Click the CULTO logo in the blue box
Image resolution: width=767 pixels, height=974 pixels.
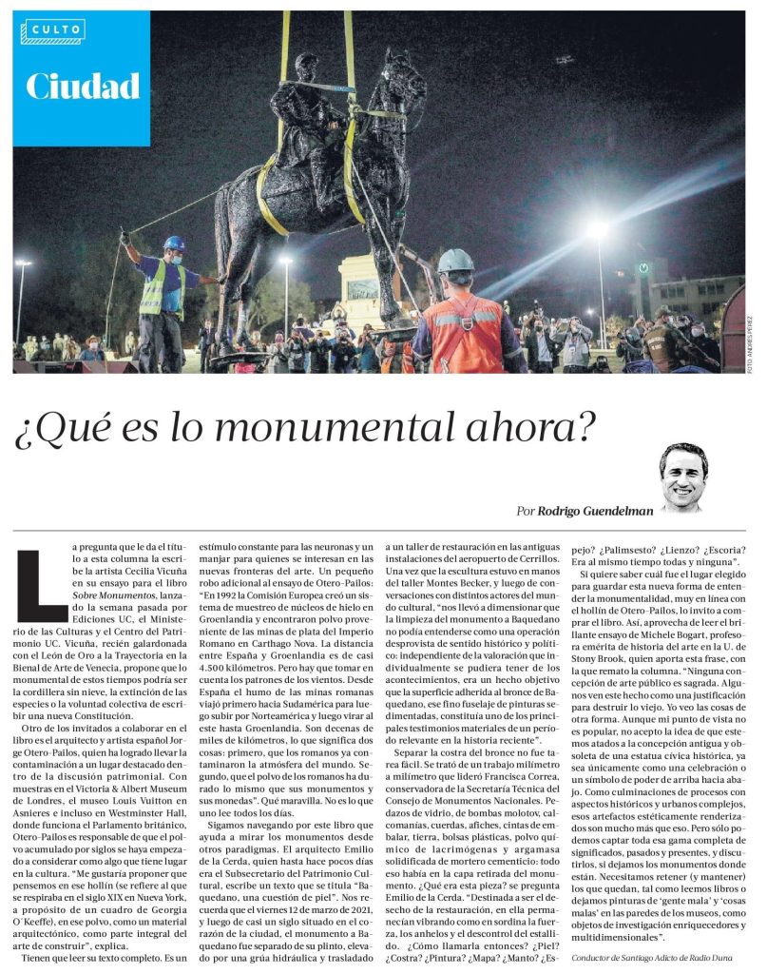[x=53, y=31]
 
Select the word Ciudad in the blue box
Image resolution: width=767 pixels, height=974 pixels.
[x=83, y=87]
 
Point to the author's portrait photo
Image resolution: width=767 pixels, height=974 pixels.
[x=682, y=477]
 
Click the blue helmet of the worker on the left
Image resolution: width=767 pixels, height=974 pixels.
[x=173, y=243]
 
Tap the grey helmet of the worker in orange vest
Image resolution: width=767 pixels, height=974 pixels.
[x=455, y=261]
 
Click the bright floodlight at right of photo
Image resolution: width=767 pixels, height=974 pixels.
[x=597, y=230]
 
